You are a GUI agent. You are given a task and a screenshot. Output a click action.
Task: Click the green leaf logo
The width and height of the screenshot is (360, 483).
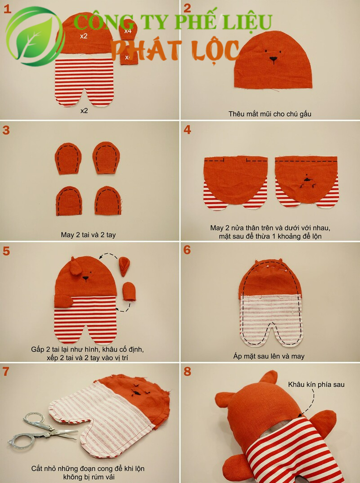pos(35,36)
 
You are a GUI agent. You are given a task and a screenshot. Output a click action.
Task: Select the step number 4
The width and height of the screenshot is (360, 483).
pos(187,130)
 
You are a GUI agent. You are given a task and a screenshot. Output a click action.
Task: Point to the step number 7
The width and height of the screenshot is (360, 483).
pos(6,371)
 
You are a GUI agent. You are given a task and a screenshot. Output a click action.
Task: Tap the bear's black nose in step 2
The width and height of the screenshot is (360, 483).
pos(273,58)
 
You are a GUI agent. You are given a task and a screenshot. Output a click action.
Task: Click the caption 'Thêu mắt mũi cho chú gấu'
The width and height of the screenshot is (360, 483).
pos(270,114)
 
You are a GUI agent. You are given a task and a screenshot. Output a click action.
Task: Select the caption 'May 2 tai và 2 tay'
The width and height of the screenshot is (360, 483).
pos(88,235)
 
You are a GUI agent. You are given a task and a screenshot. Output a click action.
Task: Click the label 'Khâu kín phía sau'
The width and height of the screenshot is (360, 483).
pos(316,385)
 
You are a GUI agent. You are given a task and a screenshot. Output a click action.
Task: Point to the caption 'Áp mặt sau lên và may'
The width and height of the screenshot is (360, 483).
pos(269,356)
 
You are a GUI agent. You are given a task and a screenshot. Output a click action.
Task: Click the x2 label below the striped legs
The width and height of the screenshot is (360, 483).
pos(84,111)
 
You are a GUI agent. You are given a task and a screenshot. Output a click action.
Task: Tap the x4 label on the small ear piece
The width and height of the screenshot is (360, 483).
pos(128,31)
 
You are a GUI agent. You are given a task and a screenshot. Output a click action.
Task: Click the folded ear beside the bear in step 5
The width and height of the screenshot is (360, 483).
pos(124,266)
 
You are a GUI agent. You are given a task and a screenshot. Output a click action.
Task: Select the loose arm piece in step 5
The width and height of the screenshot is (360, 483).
pos(129,292)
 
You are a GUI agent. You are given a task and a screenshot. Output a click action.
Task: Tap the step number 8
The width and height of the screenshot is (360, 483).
pos(187,371)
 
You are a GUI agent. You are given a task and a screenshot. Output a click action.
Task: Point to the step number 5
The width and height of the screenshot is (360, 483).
pos(6,251)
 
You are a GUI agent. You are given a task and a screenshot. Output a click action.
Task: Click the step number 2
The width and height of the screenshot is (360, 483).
pos(187,8)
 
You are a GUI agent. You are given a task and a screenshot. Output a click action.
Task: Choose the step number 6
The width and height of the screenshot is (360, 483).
pos(187,250)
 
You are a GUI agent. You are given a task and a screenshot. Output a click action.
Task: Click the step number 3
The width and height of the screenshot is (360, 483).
pos(6,130)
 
